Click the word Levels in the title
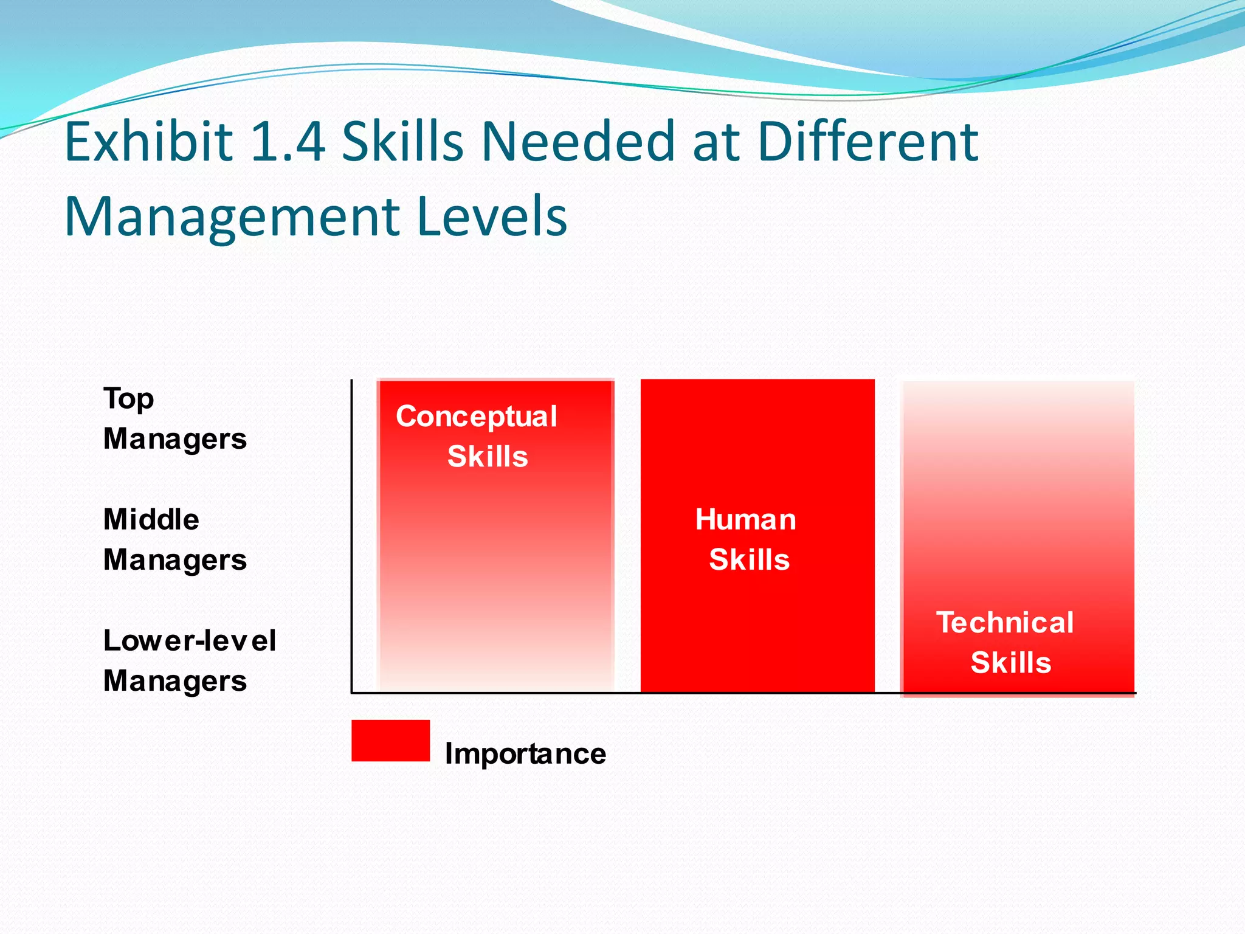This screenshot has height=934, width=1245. click(x=492, y=217)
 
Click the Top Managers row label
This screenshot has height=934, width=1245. click(x=174, y=419)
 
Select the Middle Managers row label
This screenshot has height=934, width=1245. click(x=174, y=540)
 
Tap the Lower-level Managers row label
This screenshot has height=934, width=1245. click(x=189, y=661)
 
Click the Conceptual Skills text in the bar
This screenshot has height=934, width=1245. click(x=477, y=437)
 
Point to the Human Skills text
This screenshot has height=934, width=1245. click(x=747, y=540)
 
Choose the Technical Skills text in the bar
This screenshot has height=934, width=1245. click(x=1006, y=643)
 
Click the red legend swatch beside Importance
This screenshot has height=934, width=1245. click(x=390, y=741)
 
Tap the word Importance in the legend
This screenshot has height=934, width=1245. click(x=525, y=755)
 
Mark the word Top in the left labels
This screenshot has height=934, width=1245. click(x=129, y=400)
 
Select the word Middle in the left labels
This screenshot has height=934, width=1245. click(x=151, y=520)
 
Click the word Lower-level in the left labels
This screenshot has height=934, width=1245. click(x=189, y=641)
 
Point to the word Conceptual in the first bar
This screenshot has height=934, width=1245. click(x=477, y=417)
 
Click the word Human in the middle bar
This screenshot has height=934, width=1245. click(x=746, y=520)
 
